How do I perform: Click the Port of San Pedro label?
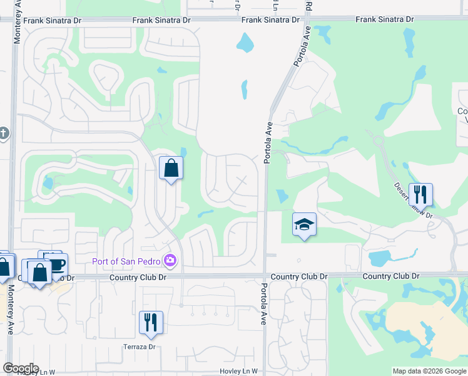click(126, 261)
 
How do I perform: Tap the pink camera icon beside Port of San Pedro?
click(170, 260)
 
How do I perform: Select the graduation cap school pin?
click(305, 225)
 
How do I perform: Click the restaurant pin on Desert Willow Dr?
click(420, 194)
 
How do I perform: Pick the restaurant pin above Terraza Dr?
click(151, 323)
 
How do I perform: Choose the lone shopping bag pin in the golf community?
click(171, 168)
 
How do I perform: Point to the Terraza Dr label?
click(139, 347)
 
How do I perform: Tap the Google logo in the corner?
click(21, 368)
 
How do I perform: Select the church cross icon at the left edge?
click(4, 133)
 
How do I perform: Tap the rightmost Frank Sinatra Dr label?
click(385, 19)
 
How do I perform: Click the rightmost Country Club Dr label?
click(390, 276)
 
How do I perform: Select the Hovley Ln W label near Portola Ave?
click(238, 372)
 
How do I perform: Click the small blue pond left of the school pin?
click(282, 196)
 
